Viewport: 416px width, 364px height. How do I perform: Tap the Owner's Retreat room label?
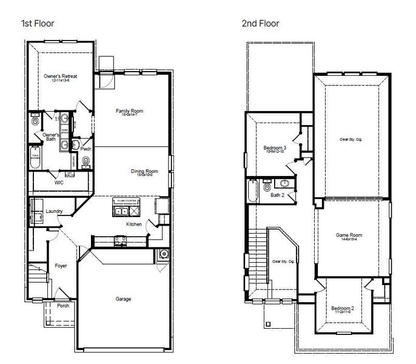[x=60, y=77]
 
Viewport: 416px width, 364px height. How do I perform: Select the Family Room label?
[x=129, y=112]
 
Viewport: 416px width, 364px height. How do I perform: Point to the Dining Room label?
[x=144, y=172]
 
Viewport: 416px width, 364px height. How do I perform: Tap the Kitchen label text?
[x=134, y=224]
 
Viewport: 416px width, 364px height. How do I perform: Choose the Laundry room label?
[x=55, y=211]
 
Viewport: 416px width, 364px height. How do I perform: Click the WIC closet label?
[x=59, y=181]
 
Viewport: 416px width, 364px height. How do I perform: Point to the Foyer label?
[x=61, y=266]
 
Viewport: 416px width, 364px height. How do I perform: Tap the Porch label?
[x=63, y=305]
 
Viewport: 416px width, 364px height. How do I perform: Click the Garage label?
[x=124, y=298]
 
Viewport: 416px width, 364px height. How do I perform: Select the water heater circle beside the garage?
[x=162, y=254]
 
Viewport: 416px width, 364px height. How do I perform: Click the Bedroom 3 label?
[x=274, y=147]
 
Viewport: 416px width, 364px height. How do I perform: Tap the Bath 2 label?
[x=277, y=195]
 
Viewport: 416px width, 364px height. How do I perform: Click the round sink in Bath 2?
[x=284, y=183]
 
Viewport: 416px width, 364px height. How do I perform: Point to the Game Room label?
[x=349, y=234]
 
